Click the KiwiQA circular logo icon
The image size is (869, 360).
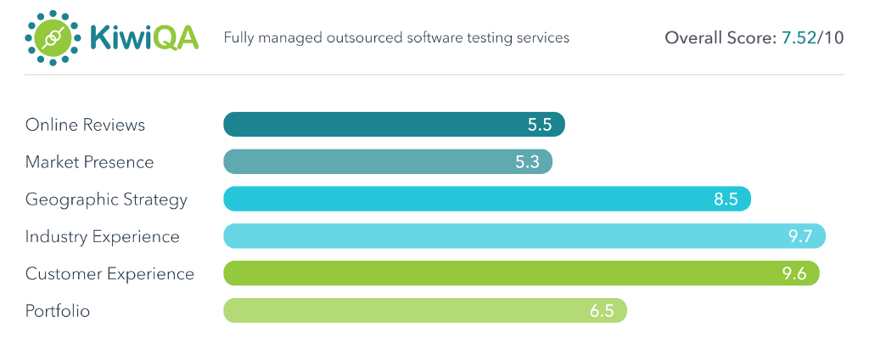[51, 38]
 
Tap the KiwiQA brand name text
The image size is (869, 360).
[144, 38]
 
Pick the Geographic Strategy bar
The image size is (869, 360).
[467, 200]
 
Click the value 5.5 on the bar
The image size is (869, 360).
[540, 125]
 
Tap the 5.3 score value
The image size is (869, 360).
[527, 162]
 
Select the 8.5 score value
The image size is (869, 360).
[726, 200]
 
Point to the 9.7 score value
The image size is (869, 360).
[801, 236]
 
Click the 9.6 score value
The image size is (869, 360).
[794, 273]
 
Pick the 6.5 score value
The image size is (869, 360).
[602, 311]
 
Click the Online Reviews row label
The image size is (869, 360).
[85, 125]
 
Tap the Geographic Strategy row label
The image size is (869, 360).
[106, 200]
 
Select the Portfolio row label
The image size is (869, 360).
[58, 311]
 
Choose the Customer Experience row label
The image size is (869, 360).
[109, 273]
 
